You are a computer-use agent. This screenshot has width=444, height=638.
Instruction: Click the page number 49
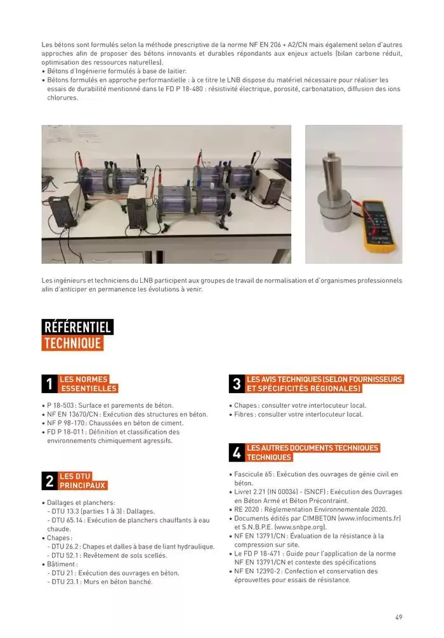point(398,617)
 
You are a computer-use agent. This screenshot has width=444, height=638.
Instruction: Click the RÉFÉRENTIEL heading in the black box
point(77,327)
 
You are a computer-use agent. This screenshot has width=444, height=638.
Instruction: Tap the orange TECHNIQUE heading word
point(72,343)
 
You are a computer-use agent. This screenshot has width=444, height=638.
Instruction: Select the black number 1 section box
point(49,384)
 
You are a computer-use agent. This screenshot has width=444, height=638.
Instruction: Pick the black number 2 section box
point(49,481)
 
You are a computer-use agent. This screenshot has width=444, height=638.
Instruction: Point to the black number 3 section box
point(236,384)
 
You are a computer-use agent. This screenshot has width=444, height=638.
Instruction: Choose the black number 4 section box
point(236,452)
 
